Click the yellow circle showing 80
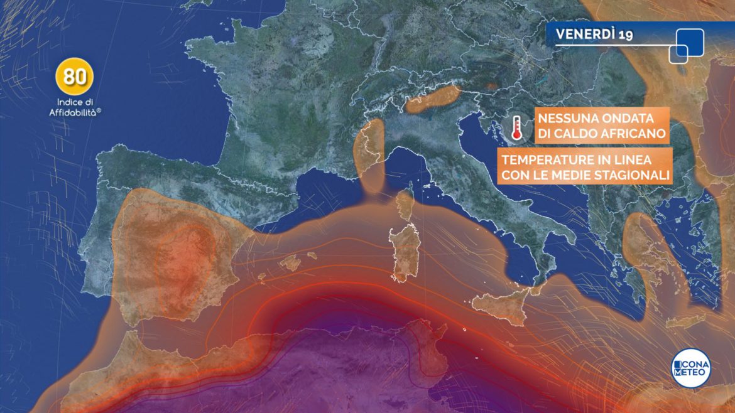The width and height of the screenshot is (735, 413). coord(75,77)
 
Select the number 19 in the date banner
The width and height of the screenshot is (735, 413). coord(626,35)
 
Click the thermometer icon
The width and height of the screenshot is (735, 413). coord(516,127)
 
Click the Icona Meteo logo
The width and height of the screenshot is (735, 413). coord(691,367)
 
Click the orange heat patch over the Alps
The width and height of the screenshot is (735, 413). coord(433,99)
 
